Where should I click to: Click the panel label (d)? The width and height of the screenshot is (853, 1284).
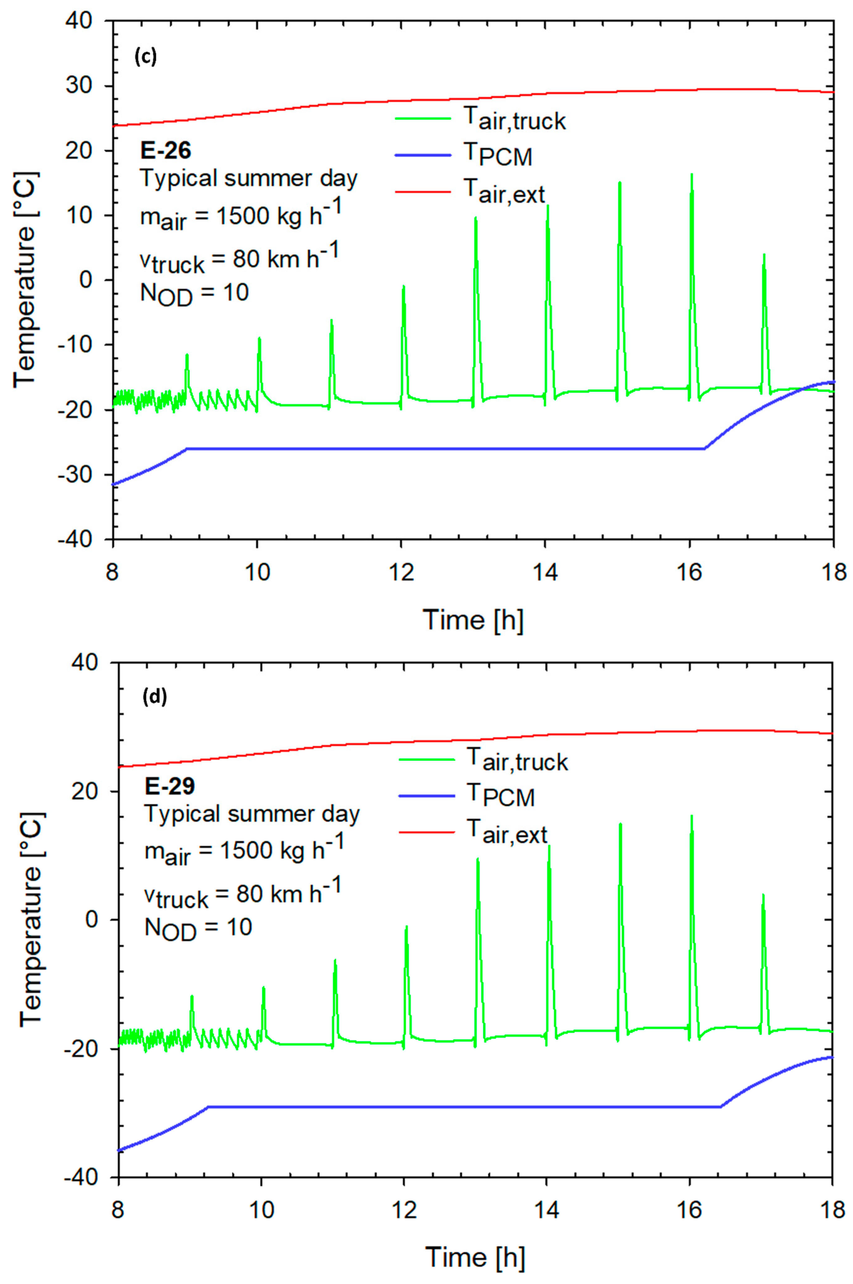(x=154, y=697)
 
